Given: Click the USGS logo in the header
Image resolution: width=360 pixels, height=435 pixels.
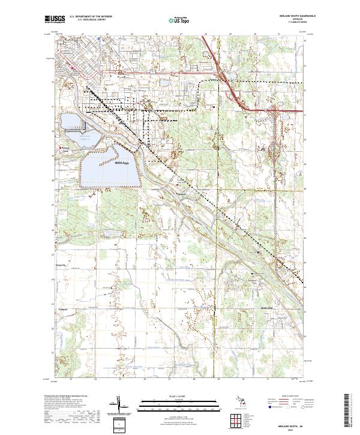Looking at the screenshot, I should tap(55, 19).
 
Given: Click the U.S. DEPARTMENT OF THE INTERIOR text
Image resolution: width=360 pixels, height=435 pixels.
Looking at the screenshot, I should tap(91, 17).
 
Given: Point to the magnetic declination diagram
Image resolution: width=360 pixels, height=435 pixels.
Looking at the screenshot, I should tap(119, 406).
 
